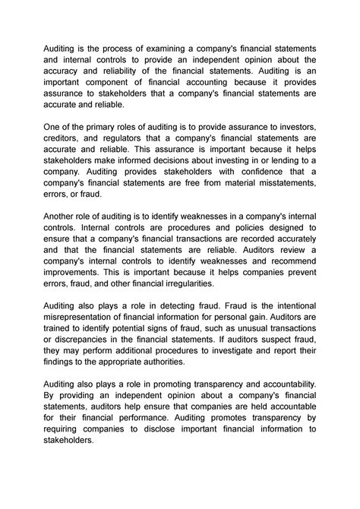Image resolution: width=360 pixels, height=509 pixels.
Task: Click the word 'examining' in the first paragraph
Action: point(157,49)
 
